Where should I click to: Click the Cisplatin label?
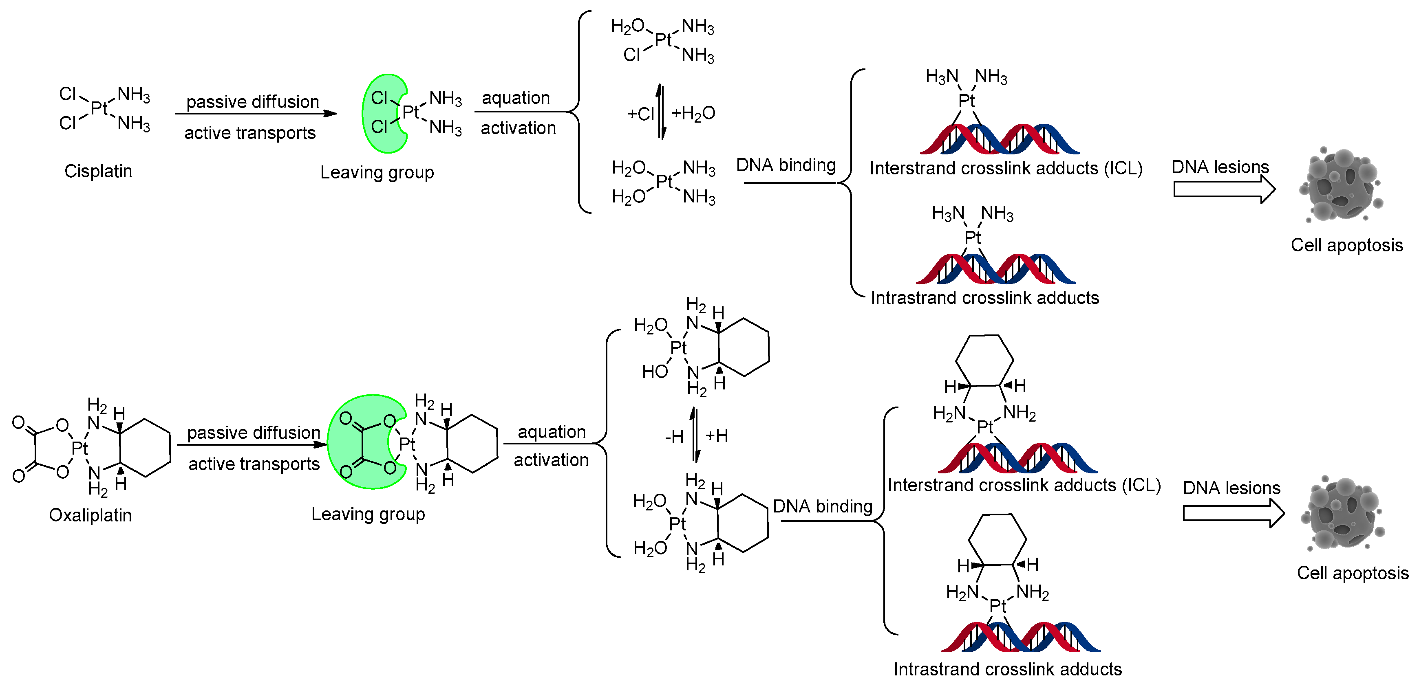click(x=98, y=171)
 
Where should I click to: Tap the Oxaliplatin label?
click(x=90, y=515)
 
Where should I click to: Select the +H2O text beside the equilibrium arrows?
click(x=693, y=113)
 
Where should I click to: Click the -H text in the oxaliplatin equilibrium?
click(x=674, y=437)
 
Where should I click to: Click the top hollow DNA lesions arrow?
click(x=1224, y=189)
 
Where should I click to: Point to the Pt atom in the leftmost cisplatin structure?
click(x=99, y=108)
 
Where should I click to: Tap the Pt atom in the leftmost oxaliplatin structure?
click(x=79, y=448)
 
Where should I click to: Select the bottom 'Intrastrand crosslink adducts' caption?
click(x=1008, y=669)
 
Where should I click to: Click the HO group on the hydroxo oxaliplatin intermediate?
click(x=654, y=372)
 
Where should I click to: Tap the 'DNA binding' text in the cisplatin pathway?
click(x=786, y=165)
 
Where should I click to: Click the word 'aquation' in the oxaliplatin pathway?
click(x=552, y=432)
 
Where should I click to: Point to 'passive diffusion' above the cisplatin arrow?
click(x=252, y=102)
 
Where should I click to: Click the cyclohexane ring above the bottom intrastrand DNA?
click(x=997, y=539)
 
